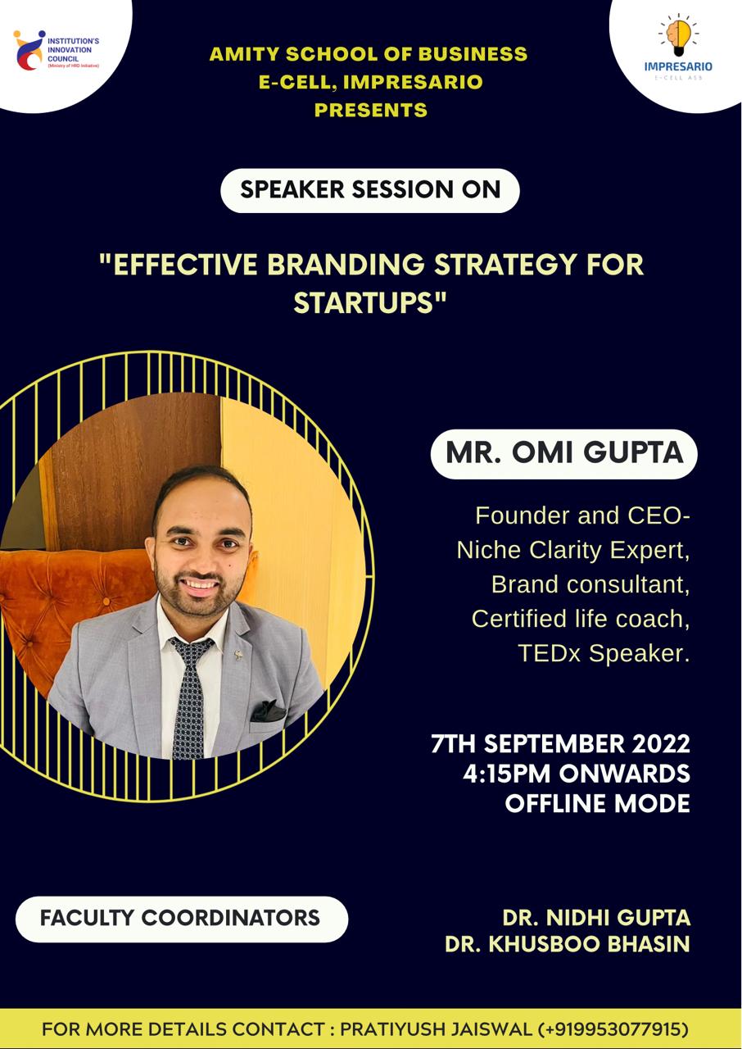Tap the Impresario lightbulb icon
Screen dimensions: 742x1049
pos(678,34)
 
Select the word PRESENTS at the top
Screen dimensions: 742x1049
pos(370,110)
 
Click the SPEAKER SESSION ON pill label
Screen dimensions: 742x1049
pos(370,190)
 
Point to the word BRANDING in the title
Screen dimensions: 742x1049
pos(346,265)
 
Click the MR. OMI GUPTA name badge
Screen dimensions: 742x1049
pos(563,454)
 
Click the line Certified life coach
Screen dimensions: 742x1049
pos(581,619)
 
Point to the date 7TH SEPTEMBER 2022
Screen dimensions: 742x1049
pos(560,743)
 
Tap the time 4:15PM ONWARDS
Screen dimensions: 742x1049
pos(577,774)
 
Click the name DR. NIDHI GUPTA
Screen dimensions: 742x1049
pos(596,917)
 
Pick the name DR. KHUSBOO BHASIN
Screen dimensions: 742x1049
pos(568,944)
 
